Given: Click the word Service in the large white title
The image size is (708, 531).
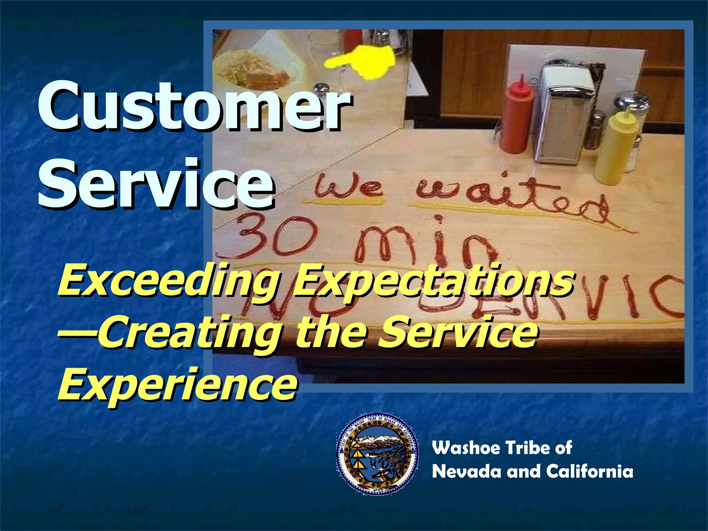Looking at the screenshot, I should click(156, 183).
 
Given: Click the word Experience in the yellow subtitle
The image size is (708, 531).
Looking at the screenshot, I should click(176, 384).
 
